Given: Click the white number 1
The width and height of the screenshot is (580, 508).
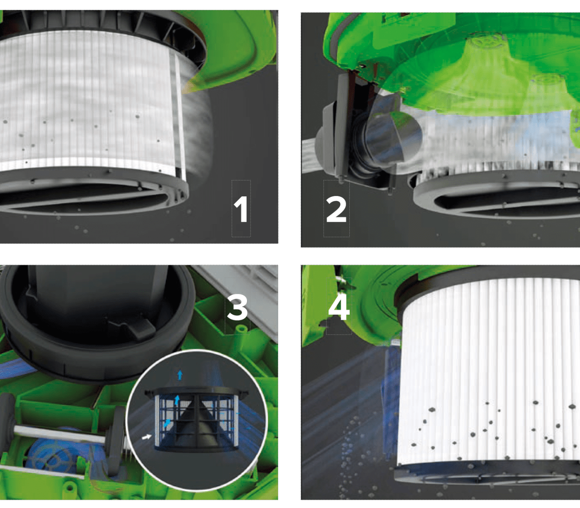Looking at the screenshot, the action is [241, 210].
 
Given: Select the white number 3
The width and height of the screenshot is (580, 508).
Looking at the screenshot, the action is [237, 308].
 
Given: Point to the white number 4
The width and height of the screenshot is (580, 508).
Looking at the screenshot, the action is [339, 308].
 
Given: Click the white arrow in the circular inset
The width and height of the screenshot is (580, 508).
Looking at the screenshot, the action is [146, 437].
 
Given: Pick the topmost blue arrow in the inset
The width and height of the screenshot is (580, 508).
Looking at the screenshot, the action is [180, 375].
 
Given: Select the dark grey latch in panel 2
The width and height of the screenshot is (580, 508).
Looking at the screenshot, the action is [336, 128].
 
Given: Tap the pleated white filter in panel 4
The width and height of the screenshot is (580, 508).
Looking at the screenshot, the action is [490, 372].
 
